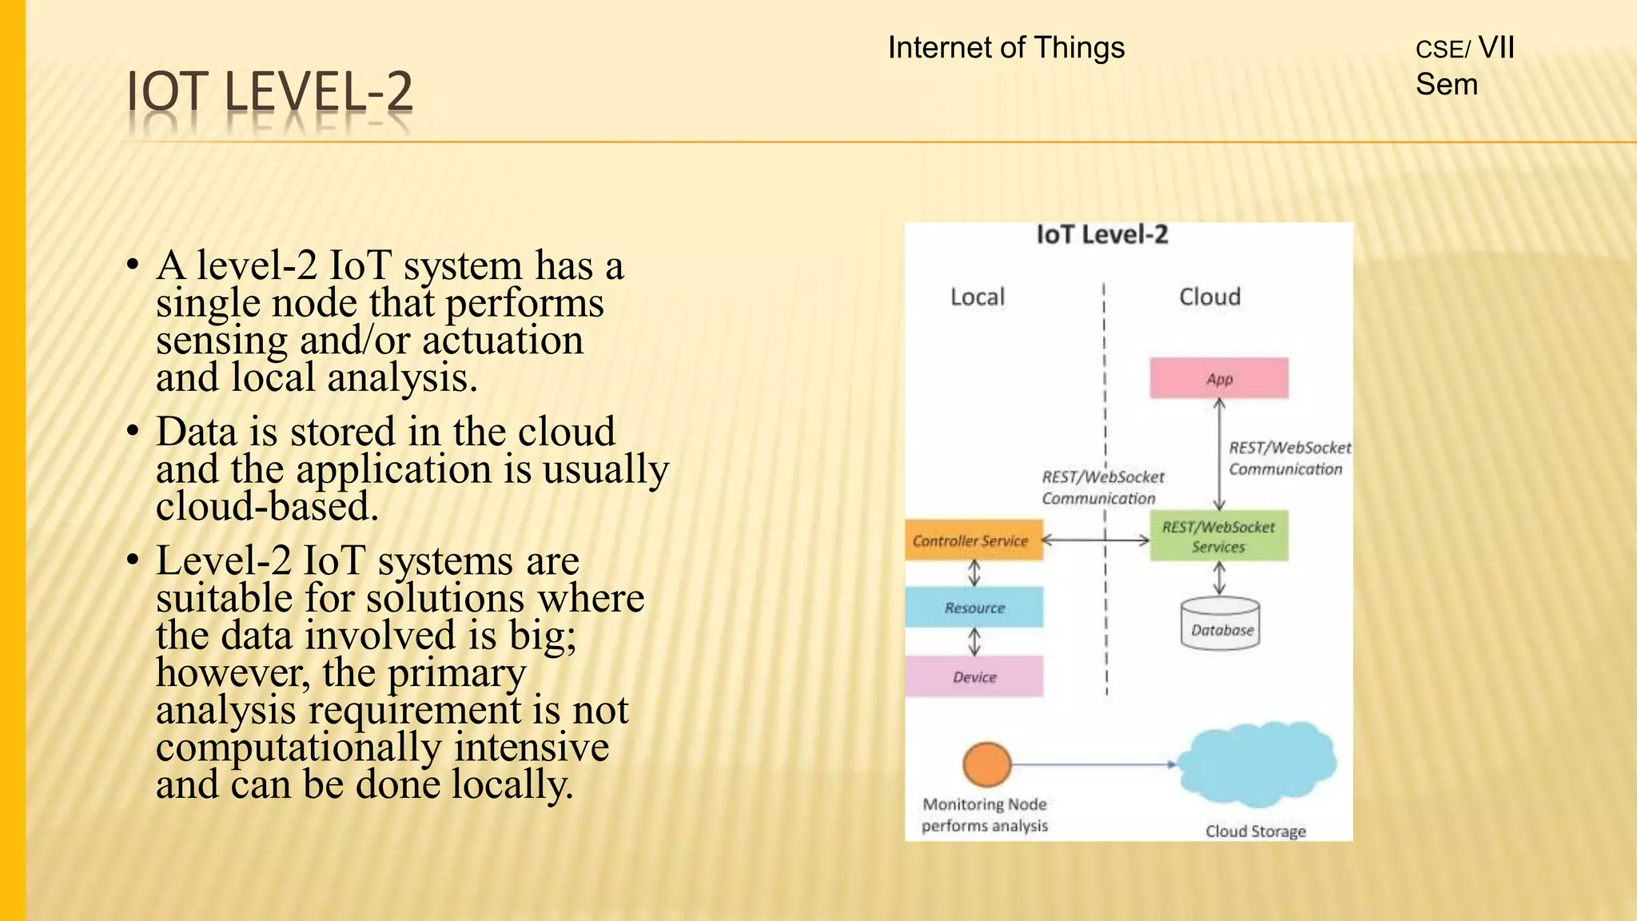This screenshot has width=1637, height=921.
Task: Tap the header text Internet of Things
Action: coord(1006,48)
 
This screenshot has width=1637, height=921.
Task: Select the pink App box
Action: coord(1218,378)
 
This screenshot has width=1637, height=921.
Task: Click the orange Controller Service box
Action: coord(973,540)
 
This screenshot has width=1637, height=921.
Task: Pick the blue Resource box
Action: coord(974,608)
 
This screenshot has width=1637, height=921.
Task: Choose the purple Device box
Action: coord(974,677)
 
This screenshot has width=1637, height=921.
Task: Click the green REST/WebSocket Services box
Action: coord(1218,536)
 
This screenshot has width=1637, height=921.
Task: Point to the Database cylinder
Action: coord(1220,624)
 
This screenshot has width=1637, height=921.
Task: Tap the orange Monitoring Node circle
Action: coord(986,764)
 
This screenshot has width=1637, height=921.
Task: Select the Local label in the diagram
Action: coord(977,297)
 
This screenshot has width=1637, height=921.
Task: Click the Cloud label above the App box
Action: coord(1209,297)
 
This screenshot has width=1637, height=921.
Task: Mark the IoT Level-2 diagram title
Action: coord(1101,235)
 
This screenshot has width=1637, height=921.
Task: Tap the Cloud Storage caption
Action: coord(1255,831)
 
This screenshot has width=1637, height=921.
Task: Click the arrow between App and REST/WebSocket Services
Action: coord(1219,454)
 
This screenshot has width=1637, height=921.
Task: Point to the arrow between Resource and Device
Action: coord(974,642)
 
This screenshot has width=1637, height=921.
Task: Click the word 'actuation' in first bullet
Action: coord(502,341)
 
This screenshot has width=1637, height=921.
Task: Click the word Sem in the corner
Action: coord(1446,85)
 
